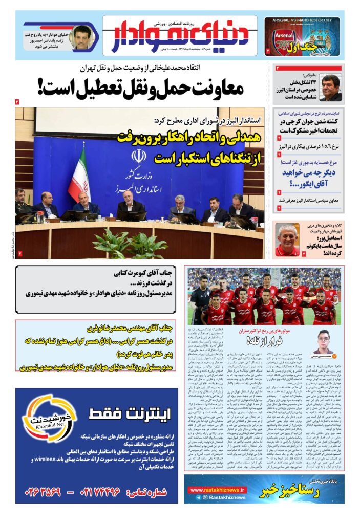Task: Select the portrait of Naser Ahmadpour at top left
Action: coord(81,38)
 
